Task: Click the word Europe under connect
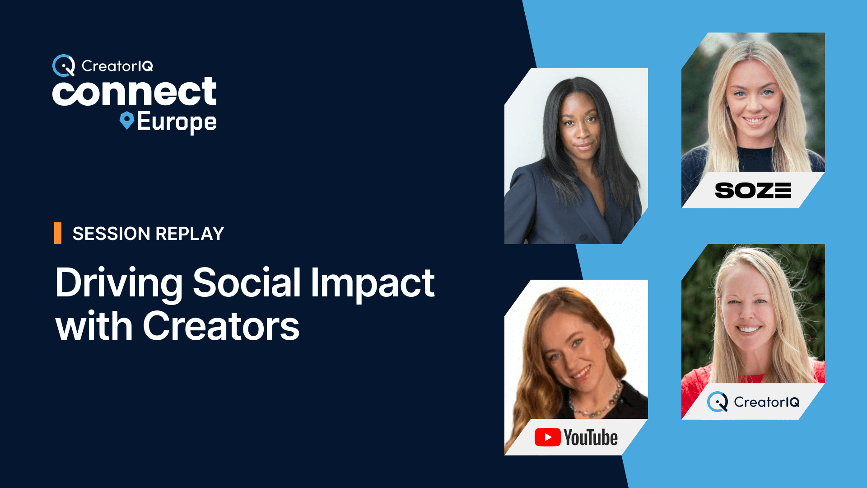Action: click(x=177, y=122)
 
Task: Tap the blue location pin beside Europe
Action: click(x=127, y=121)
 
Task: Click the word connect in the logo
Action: click(x=135, y=92)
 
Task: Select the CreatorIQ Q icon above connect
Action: click(x=64, y=66)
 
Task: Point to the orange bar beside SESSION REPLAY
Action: click(x=58, y=233)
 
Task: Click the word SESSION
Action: click(x=112, y=234)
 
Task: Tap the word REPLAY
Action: click(x=190, y=234)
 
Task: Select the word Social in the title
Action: click(x=247, y=283)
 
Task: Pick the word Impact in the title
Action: click(x=373, y=284)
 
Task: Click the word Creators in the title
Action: click(x=221, y=326)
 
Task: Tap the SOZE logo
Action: click(x=753, y=190)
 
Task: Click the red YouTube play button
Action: click(x=548, y=437)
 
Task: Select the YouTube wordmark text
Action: click(x=591, y=437)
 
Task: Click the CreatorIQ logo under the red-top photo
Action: click(x=753, y=402)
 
